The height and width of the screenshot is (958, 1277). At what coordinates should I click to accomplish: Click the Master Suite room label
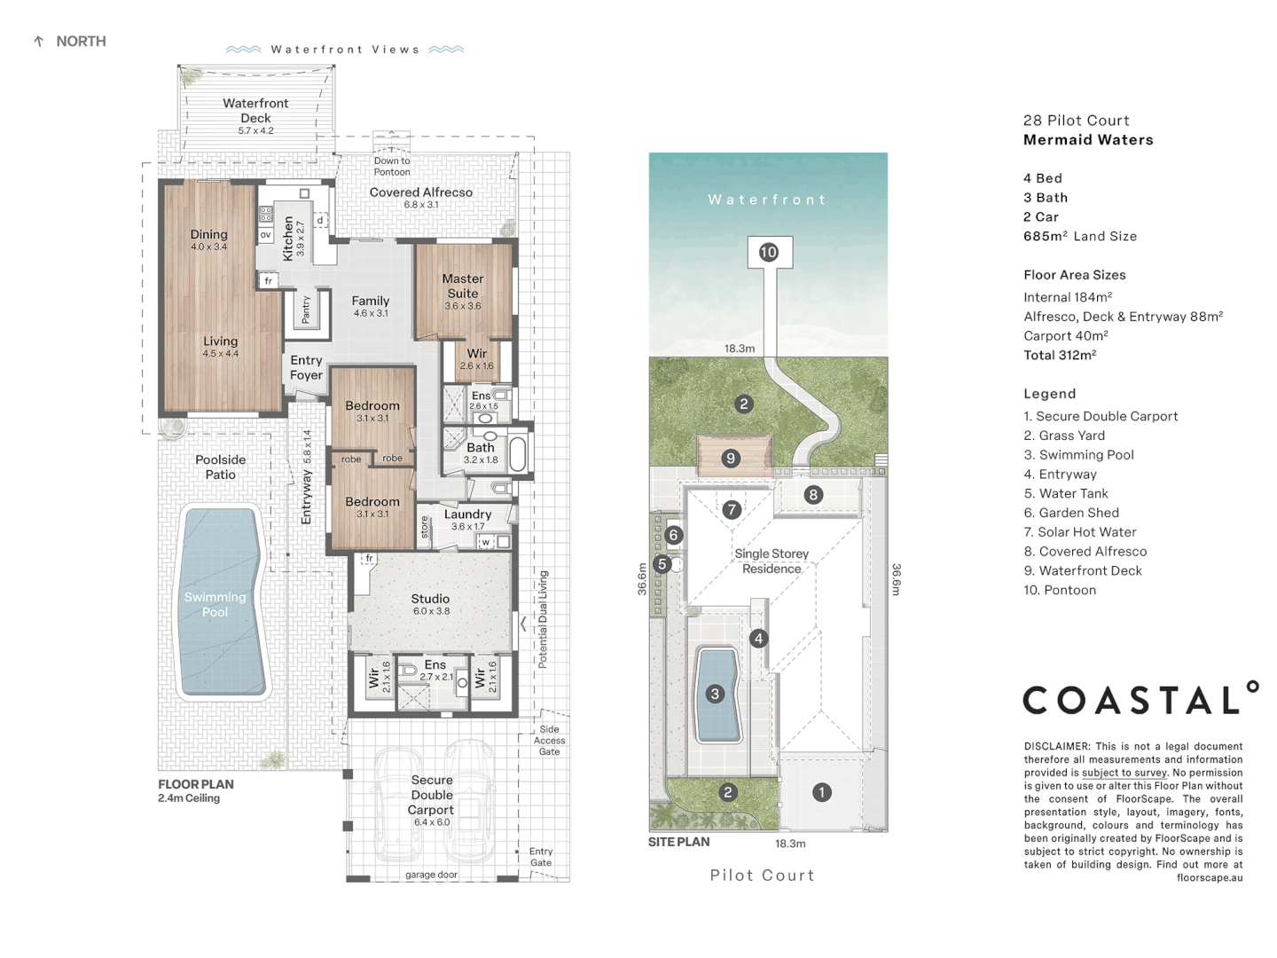463,286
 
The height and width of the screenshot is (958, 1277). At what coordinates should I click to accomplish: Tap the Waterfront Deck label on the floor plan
255,111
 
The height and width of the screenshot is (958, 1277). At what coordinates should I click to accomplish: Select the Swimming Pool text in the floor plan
215,604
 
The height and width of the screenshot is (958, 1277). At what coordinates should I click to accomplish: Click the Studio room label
430,599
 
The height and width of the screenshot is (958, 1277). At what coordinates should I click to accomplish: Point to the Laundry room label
467,514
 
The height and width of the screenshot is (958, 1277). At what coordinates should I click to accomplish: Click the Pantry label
306,310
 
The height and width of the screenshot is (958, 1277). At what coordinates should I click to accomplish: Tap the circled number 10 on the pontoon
768,252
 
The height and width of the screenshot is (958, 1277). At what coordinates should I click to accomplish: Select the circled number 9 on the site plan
731,458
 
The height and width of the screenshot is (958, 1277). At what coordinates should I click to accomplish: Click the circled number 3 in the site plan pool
715,694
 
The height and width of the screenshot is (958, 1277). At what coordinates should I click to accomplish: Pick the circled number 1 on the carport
822,792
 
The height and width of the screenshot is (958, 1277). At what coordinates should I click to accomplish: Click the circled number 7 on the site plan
732,509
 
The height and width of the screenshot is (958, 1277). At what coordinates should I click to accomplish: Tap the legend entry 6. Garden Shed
1071,513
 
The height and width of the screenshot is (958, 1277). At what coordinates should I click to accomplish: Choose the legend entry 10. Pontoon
1060,590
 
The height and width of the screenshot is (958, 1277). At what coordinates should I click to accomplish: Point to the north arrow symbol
38,42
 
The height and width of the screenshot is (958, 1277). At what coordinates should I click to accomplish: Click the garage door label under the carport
432,875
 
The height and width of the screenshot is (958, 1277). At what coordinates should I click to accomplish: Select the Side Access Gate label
549,741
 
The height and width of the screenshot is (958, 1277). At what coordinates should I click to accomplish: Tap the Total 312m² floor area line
1060,355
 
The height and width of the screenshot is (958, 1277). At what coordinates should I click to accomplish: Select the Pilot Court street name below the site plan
762,876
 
